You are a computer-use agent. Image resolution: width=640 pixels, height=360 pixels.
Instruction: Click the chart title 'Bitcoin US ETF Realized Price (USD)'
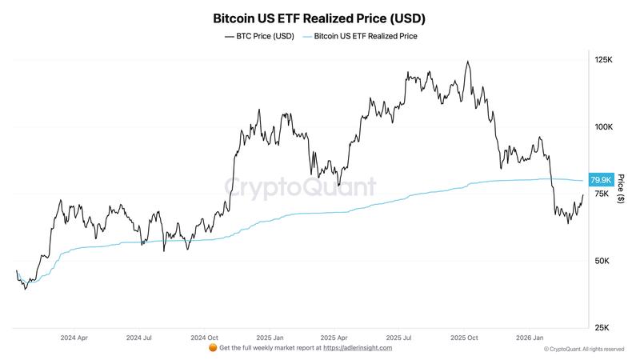(319, 17)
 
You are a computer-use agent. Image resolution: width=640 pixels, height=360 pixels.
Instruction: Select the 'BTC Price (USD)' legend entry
(259, 36)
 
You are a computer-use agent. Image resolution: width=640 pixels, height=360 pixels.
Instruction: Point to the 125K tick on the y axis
(603, 60)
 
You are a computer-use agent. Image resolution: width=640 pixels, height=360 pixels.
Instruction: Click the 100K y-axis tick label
(603, 127)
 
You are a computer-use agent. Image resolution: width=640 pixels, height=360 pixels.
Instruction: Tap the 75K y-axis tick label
(602, 194)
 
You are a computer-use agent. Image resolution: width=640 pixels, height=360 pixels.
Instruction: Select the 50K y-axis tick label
(602, 261)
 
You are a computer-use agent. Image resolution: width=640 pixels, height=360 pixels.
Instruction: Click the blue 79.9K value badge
(600, 179)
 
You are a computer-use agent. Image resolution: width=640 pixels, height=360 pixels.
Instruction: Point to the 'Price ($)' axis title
(620, 194)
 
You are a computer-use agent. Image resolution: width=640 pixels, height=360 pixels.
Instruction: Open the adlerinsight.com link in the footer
(357, 348)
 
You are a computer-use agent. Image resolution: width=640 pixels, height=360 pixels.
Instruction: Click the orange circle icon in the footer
(212, 348)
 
